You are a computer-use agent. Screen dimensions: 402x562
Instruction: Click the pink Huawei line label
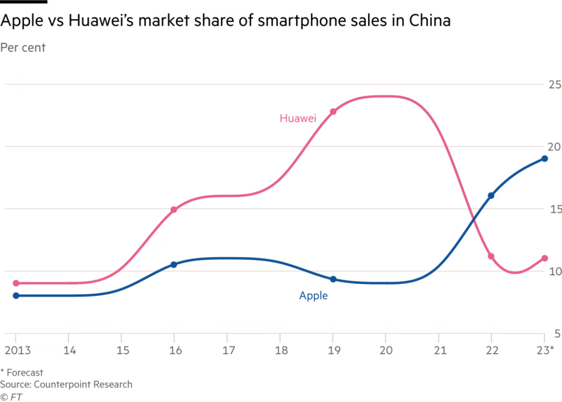pos(297,118)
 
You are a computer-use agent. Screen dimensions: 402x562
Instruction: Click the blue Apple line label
pos(313,296)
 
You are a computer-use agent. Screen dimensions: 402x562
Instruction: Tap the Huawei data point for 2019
pos(333,111)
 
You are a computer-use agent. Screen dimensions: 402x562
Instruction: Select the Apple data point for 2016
pos(174,265)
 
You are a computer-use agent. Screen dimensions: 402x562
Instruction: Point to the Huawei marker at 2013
pos(16,283)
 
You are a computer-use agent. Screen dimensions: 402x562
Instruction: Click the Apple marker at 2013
pos(16,295)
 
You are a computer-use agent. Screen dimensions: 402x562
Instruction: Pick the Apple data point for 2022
pos(491,196)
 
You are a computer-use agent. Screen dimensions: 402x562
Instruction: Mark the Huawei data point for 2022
pos(491,256)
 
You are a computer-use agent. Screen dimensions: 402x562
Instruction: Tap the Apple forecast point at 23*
pos(544,159)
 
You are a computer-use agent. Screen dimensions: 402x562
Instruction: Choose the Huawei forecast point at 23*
pos(544,258)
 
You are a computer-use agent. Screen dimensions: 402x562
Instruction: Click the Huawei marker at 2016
pos(174,210)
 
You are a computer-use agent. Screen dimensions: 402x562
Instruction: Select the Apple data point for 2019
pos(333,279)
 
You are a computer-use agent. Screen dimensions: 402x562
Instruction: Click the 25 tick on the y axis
pos(554,85)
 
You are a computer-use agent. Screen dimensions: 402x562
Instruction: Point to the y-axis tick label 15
pos(554,209)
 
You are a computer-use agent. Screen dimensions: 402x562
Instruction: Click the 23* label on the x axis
pos(544,350)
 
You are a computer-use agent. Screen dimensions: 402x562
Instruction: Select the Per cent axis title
pos(23,48)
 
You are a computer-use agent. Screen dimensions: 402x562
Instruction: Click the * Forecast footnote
pos(22,373)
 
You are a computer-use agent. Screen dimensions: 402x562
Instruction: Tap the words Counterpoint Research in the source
pos(83,384)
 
